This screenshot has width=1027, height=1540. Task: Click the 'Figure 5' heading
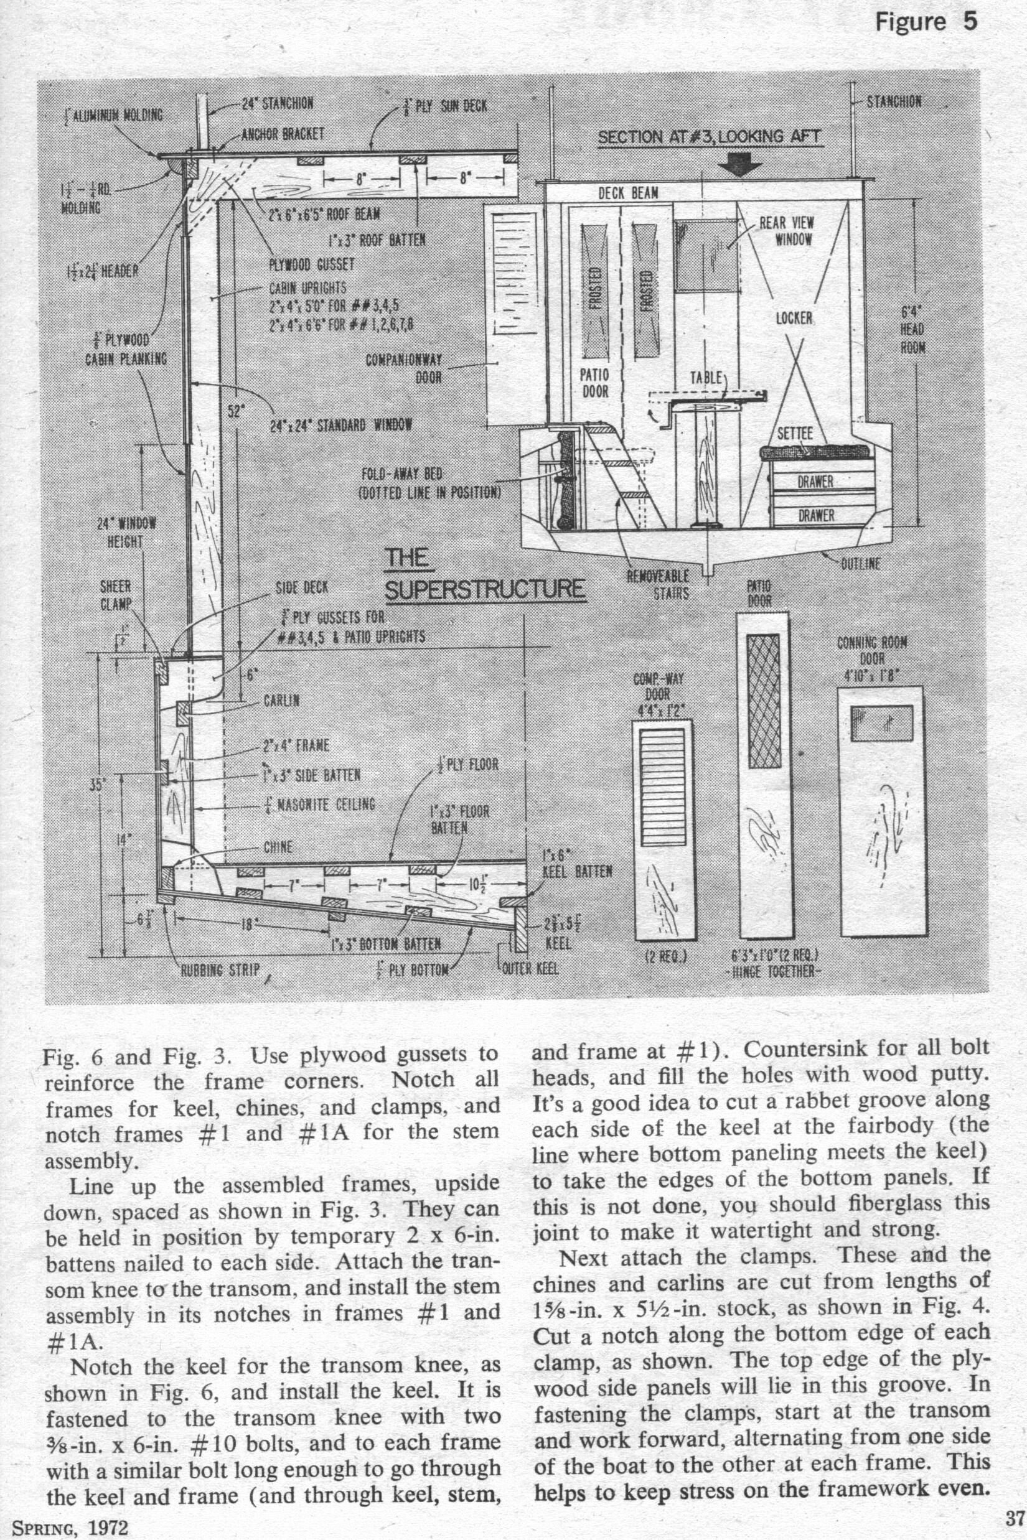[x=926, y=22]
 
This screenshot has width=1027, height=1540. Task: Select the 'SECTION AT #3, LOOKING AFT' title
[x=710, y=137]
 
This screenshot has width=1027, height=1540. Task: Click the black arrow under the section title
[x=740, y=163]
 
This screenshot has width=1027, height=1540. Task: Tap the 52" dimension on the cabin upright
[x=235, y=411]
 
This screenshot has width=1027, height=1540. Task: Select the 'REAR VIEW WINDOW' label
[x=786, y=230]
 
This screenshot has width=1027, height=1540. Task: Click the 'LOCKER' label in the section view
[x=794, y=319]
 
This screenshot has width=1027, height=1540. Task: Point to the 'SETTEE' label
[x=794, y=434]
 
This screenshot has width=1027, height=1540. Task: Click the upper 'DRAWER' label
[x=815, y=481]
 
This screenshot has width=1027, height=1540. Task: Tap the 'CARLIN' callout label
[x=281, y=701]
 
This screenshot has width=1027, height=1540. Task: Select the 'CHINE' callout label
[x=278, y=847]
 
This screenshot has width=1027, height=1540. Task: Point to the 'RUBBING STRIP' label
[x=220, y=969]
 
